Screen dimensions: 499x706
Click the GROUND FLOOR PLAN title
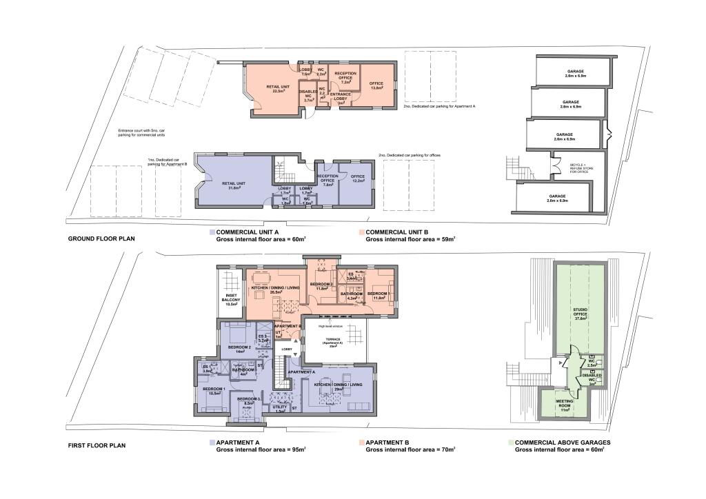[x=101, y=239]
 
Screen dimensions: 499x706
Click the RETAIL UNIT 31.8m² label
[x=234, y=185]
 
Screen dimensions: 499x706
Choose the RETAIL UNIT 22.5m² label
[x=279, y=88]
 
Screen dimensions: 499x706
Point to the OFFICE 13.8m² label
[x=376, y=85]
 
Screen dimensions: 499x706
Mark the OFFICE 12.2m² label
[x=357, y=179]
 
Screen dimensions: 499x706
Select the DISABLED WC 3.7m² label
[x=308, y=96]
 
